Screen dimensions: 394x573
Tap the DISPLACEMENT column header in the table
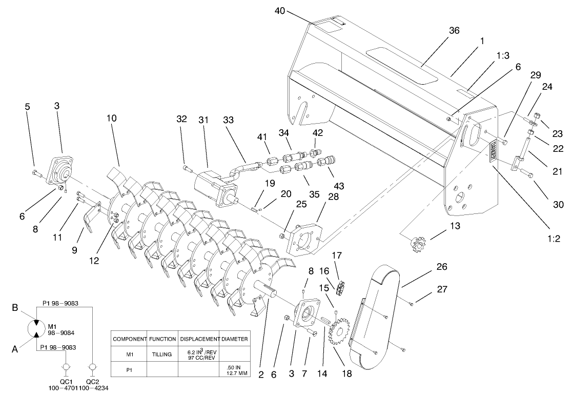[199, 339]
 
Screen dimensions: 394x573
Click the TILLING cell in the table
[162, 354]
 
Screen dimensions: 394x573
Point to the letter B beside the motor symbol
[15, 309]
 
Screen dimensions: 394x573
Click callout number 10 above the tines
[112, 118]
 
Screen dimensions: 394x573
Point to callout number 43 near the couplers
[338, 185]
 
